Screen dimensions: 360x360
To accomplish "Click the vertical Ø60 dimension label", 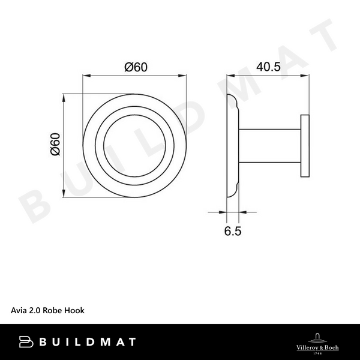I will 55,145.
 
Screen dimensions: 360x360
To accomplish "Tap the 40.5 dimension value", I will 268,67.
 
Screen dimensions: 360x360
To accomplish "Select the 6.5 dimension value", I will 233,230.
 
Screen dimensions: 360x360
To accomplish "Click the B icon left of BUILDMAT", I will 26,342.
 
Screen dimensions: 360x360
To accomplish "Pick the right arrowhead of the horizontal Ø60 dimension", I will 184,76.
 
